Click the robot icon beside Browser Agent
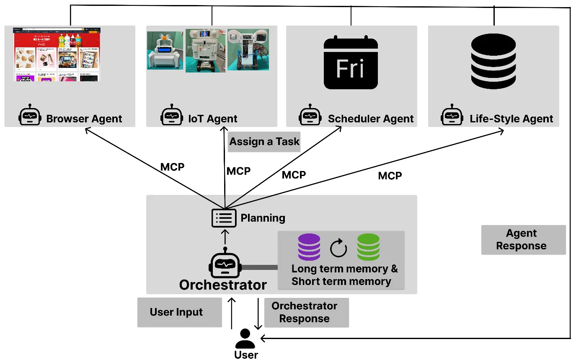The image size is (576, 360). tap(30, 116)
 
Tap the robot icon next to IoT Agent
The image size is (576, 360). tap(172, 116)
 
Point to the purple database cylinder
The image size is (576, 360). tap(309, 247)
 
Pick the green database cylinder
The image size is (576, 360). tap(368, 247)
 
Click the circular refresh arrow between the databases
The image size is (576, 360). tap(338, 248)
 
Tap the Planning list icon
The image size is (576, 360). tap(224, 218)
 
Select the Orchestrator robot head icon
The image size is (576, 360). tap(225, 264)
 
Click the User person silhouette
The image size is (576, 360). tap(245, 339)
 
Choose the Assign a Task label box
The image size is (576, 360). tap(264, 142)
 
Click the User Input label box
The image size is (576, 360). tap(179, 312)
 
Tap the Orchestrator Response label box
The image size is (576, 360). tap(305, 312)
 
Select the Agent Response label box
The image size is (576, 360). tap(523, 240)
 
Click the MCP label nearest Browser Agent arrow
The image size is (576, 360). tap(172, 167)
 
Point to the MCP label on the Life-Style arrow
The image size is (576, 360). tap(390, 176)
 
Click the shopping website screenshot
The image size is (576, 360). tap(57, 54)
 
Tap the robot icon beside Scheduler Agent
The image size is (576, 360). tap(310, 116)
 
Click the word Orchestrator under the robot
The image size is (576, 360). tap(223, 285)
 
